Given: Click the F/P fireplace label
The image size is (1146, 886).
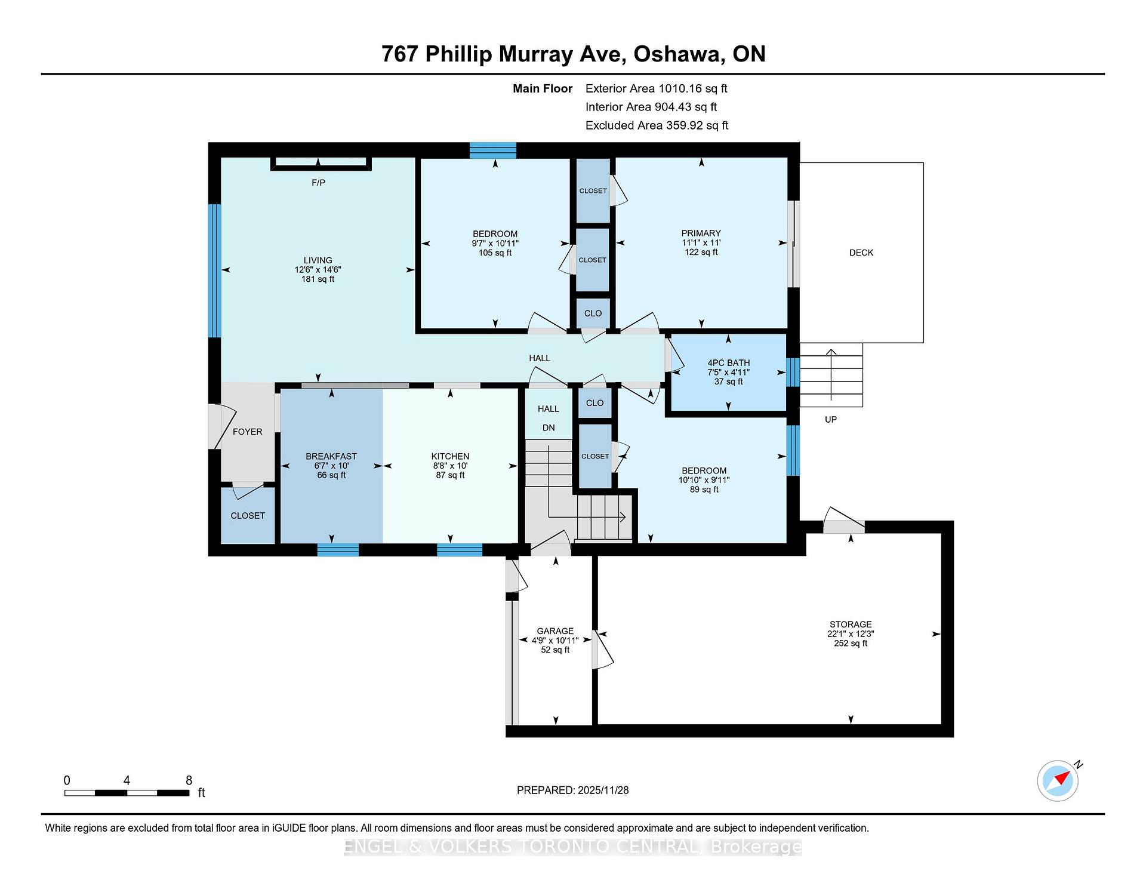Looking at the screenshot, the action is click(x=318, y=183).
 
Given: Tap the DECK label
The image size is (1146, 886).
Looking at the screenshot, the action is click(x=861, y=253).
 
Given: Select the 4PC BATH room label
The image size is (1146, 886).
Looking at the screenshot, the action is click(x=728, y=363).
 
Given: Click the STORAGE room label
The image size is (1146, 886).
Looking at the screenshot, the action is click(x=851, y=624).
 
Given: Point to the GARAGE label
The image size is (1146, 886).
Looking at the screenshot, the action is click(x=555, y=631).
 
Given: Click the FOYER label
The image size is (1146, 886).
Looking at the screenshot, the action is click(x=248, y=432).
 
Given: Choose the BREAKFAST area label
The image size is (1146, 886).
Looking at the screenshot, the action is click(x=331, y=456).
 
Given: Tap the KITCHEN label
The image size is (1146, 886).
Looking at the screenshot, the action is click(x=450, y=456).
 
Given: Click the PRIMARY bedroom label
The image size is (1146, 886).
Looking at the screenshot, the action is click(x=701, y=233).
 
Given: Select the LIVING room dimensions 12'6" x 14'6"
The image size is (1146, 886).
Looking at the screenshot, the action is click(x=318, y=270).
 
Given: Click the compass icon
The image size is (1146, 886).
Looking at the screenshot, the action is click(x=1058, y=780).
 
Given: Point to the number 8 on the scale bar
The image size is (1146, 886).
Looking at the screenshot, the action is click(x=189, y=780).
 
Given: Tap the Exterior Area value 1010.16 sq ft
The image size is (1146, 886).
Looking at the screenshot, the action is click(x=693, y=89).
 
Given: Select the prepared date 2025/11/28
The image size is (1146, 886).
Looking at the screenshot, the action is click(x=603, y=790).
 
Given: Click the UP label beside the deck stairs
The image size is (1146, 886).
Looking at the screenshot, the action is click(x=831, y=420).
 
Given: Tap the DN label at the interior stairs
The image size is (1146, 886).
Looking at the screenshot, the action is click(x=549, y=428).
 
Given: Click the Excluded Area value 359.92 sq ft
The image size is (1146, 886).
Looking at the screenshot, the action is click(x=694, y=126).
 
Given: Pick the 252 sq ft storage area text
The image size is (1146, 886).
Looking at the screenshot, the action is click(x=851, y=644).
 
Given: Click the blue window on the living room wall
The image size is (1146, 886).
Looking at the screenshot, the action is click(x=214, y=271).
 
